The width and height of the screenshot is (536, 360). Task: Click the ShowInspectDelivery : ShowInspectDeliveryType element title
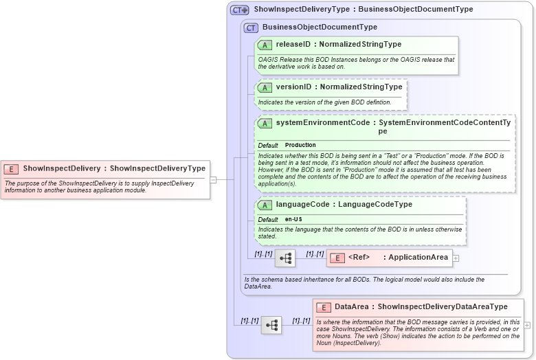click(x=114, y=168)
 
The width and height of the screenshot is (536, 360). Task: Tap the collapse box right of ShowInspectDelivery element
click(x=213, y=180)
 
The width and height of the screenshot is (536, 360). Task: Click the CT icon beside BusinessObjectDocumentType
click(x=251, y=27)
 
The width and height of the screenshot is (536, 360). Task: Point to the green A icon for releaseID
click(x=265, y=45)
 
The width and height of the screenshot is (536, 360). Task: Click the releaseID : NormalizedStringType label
click(x=339, y=45)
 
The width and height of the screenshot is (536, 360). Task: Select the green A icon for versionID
click(x=265, y=87)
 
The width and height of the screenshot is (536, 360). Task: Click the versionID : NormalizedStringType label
click(x=339, y=87)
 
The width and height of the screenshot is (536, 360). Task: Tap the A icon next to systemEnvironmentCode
click(x=265, y=123)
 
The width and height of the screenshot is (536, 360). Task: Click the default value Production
click(x=300, y=145)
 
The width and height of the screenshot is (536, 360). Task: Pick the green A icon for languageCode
click(x=265, y=205)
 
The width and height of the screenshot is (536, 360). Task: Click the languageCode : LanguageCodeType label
click(x=344, y=205)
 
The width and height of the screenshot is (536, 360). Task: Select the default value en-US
click(x=294, y=219)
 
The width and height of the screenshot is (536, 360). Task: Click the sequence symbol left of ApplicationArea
click(x=285, y=258)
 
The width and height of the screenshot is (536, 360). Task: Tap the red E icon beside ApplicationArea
click(x=337, y=258)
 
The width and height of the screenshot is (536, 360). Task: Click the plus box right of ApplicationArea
click(x=456, y=258)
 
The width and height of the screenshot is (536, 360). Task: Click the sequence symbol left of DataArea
click(x=271, y=325)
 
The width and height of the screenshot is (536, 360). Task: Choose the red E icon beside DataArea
click(x=323, y=306)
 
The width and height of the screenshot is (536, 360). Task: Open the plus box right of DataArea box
click(x=527, y=325)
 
